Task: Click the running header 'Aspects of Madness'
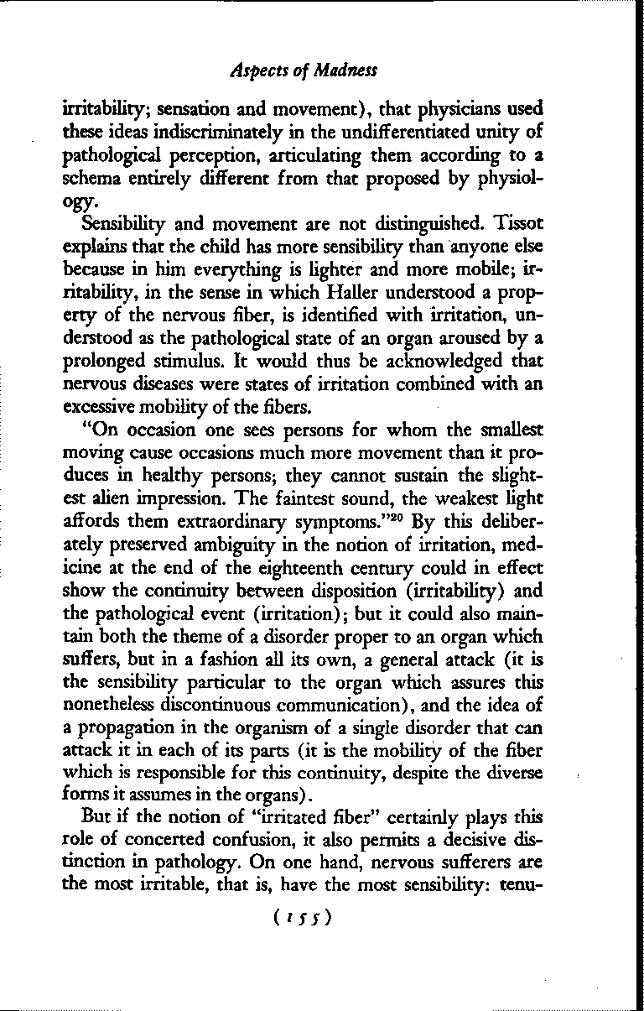pos(304,70)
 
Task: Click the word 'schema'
pos(89,178)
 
